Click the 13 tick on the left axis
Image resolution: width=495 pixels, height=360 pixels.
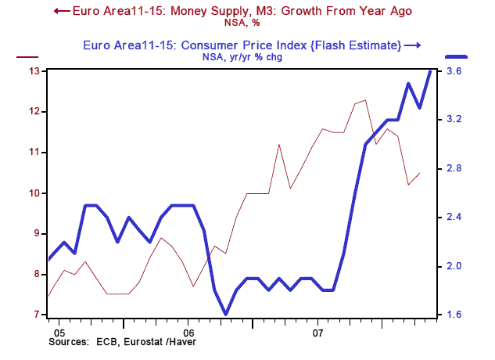[x=35, y=71]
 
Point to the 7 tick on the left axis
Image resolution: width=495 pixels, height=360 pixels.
[x=35, y=315]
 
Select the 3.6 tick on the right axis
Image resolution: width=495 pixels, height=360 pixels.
[x=454, y=71]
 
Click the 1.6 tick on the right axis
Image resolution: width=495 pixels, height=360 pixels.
[x=454, y=315]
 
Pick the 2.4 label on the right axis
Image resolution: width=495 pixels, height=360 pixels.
[x=454, y=218]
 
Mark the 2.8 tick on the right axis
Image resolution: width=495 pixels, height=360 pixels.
[x=454, y=169]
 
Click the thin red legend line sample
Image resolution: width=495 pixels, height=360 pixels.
[x=27, y=56]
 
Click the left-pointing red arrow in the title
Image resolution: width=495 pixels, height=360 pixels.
[x=59, y=11]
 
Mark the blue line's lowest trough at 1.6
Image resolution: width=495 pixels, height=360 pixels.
[x=226, y=315]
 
